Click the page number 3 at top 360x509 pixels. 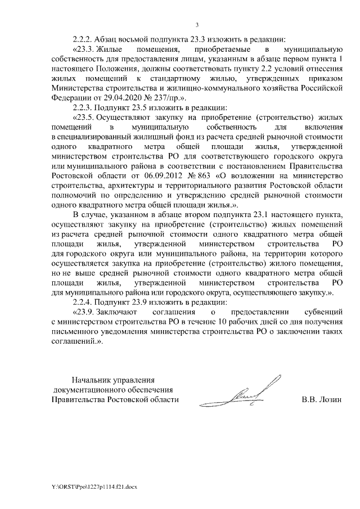tap(197, 25)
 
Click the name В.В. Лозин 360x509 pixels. tap(322, 400)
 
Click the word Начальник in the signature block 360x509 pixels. tap(91, 380)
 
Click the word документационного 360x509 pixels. tap(85, 390)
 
